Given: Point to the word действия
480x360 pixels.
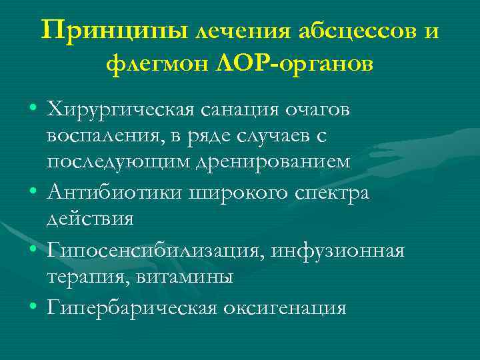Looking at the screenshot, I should tap(90, 219).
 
